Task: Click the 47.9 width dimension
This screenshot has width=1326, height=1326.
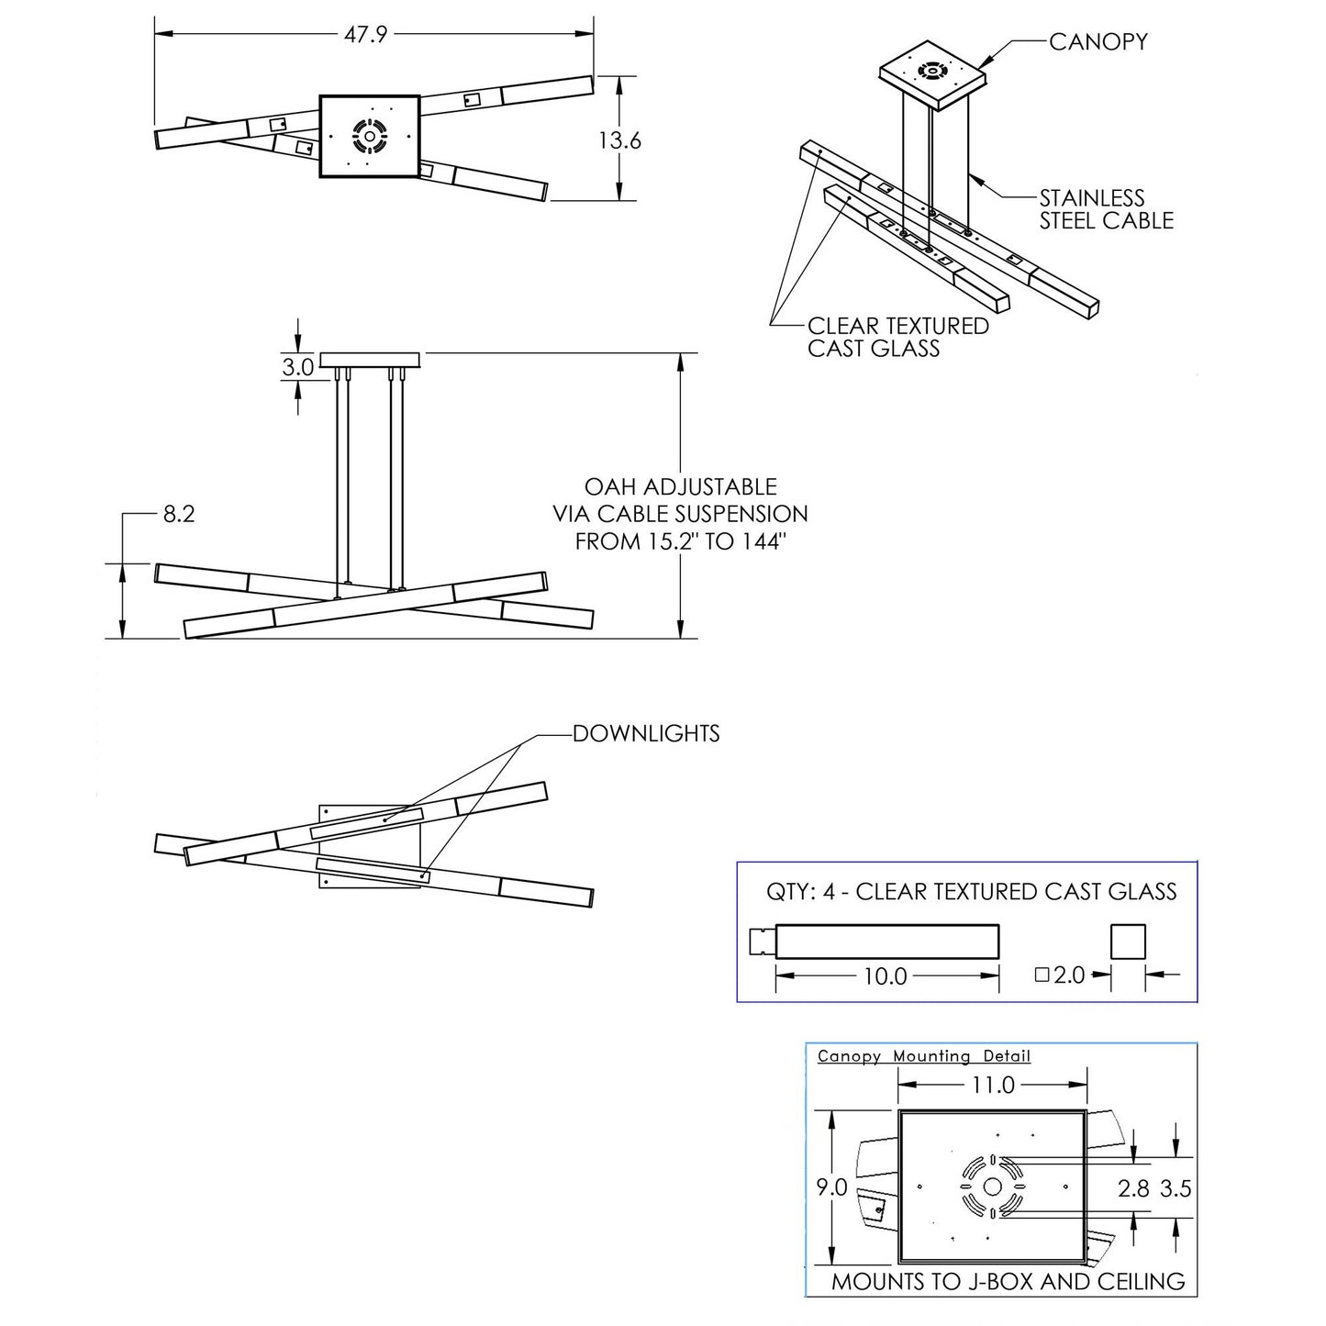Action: tap(366, 35)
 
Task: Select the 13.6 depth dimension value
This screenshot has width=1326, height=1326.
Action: tap(620, 140)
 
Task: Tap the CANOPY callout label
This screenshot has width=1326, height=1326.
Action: tap(1098, 41)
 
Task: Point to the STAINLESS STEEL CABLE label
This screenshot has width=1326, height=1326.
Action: tap(1105, 209)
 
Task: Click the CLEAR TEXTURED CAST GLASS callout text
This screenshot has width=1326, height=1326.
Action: tap(897, 337)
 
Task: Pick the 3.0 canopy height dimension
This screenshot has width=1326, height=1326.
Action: tap(297, 368)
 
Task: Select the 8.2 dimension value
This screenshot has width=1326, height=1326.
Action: tap(178, 514)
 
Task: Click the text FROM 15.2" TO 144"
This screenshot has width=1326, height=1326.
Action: tap(681, 541)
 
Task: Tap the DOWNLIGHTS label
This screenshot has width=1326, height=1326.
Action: tap(646, 733)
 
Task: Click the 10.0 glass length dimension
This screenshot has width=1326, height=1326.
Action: tap(885, 976)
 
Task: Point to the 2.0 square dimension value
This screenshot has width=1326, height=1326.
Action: tap(1068, 975)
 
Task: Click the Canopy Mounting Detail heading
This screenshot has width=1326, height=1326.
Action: tap(923, 1056)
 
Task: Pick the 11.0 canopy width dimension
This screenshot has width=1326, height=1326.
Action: tap(993, 1086)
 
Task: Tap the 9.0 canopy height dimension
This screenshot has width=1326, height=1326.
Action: tap(831, 1187)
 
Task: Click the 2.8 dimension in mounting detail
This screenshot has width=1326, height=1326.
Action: tap(1133, 1188)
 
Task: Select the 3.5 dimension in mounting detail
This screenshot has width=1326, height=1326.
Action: tap(1176, 1188)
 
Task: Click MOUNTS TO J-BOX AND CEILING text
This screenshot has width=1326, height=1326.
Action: tap(1008, 1282)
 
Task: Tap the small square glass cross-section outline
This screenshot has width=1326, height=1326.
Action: tap(1128, 942)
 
